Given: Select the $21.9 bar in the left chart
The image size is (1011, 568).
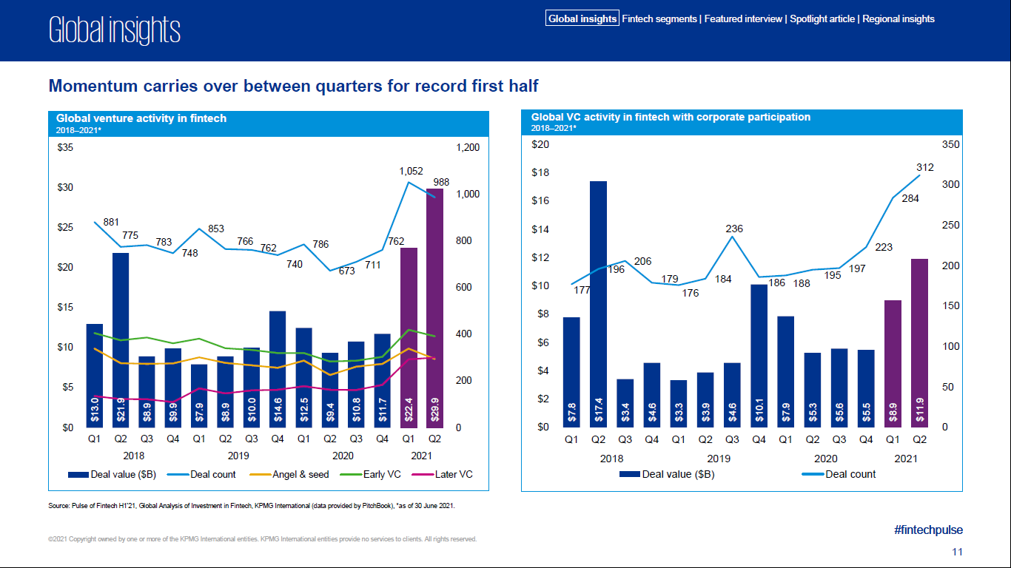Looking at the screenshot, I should [121, 339].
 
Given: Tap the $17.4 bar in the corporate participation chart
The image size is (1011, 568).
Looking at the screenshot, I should [598, 303].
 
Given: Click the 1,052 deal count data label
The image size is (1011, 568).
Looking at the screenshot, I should [411, 172].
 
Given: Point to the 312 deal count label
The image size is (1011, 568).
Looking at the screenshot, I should [925, 167].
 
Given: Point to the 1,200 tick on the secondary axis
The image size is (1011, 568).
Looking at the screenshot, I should [468, 148].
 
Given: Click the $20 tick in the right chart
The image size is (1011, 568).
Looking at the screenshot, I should [540, 145].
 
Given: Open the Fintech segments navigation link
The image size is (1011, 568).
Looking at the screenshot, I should [659, 19].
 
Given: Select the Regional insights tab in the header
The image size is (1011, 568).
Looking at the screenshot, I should [899, 19].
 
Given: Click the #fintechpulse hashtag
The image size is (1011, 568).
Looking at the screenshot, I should [928, 530].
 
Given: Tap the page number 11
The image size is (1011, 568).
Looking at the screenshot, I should [957, 552].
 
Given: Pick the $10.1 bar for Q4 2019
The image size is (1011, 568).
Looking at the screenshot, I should [759, 355].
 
